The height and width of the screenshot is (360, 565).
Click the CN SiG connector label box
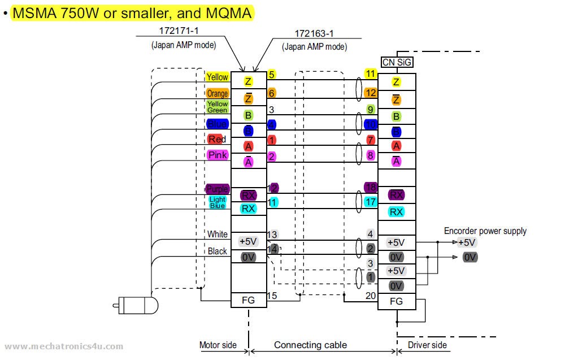pos(397,63)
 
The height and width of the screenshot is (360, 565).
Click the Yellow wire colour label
pos(218,77)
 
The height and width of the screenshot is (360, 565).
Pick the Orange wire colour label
pos(218,94)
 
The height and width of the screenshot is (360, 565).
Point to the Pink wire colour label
pos(218,155)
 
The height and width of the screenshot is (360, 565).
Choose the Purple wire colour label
pos(218,189)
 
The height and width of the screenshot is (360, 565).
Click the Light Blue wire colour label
pos(218,202)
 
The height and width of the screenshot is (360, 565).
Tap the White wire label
pos(218,234)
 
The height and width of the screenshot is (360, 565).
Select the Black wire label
pos(218,251)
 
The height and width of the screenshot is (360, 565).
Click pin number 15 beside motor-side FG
pos(272,295)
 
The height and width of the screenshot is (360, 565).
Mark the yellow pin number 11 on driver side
pos(371,73)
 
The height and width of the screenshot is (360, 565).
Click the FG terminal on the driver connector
pos(397,301)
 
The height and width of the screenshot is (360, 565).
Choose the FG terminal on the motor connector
pos(248,301)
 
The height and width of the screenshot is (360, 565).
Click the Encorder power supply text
pos(485,231)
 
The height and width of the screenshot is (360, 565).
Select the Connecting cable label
pos(310,345)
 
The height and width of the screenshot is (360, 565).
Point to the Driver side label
pos(427,345)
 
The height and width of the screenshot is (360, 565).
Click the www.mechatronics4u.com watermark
pos(63,346)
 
